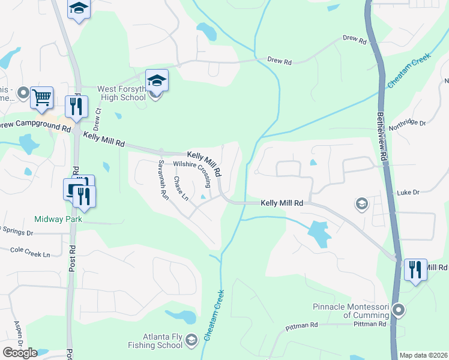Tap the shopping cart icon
pos(41,97)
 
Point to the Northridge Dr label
pos(408,122)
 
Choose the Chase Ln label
pos(181,188)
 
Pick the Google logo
pos(20,352)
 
